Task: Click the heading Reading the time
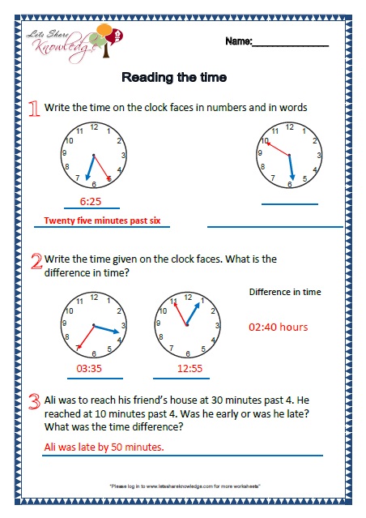point(173,78)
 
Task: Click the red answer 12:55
point(189,368)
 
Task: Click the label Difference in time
point(285,292)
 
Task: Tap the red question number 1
point(33,109)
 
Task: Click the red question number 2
point(35,261)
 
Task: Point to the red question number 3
point(34,400)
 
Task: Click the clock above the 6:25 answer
point(94,154)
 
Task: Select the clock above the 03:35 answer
point(91,326)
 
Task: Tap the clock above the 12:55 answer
point(188,326)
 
